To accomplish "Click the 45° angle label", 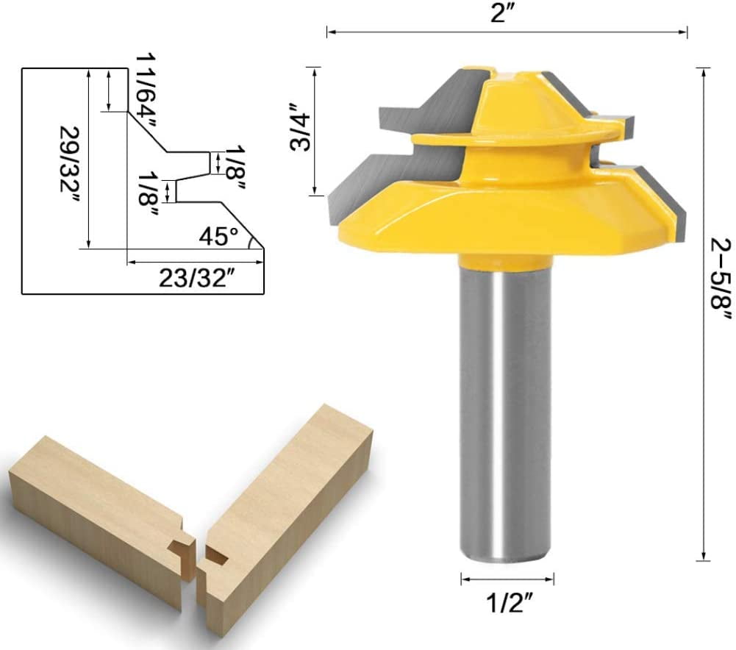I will tap(219, 237).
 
